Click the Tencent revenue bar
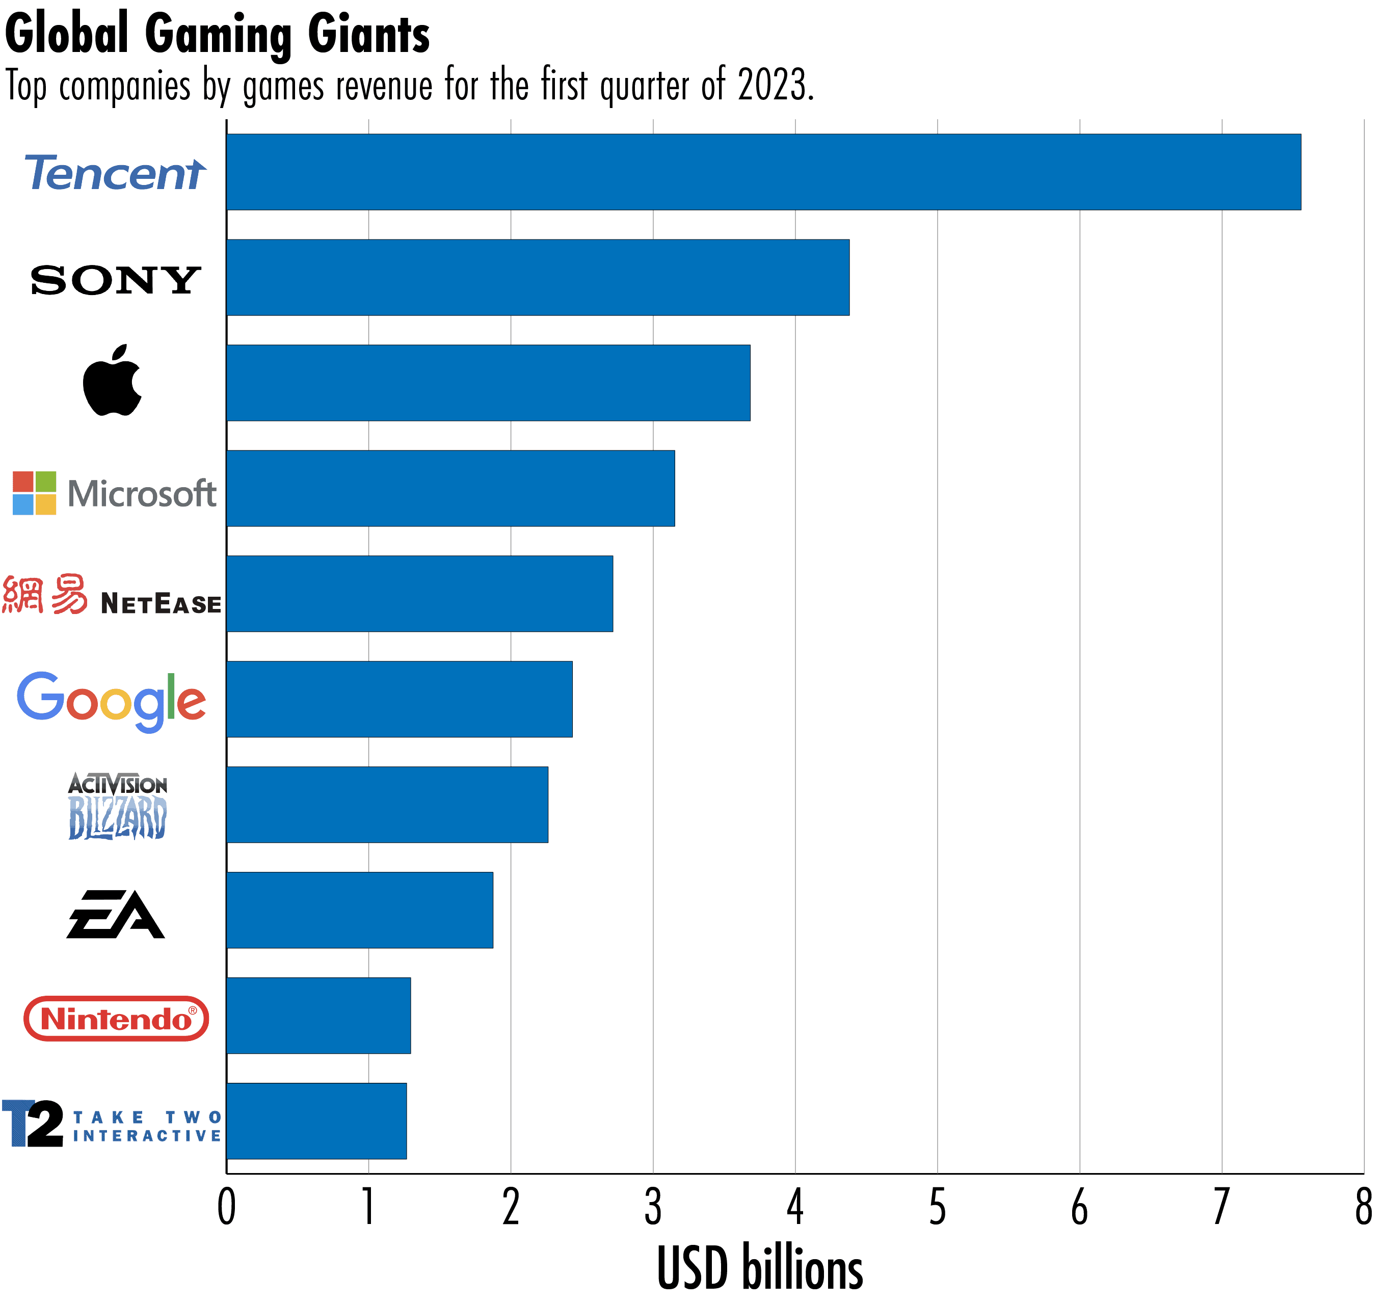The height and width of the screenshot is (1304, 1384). pos(763,172)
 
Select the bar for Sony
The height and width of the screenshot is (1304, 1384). pos(538,277)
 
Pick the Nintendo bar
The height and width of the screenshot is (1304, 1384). pos(318,1015)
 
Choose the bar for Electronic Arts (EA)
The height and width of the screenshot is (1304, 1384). pos(359,910)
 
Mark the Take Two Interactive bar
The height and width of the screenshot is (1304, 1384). pos(316,1121)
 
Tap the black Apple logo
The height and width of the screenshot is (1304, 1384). pos(112,381)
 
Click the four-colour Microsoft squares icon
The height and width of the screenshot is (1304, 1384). pos(34,493)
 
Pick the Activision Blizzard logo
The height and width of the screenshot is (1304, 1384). pos(118,806)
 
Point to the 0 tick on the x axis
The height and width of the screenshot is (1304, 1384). pos(226,1207)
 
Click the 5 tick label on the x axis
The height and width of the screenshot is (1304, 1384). pos(937,1207)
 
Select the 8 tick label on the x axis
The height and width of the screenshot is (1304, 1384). pos(1363,1207)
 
